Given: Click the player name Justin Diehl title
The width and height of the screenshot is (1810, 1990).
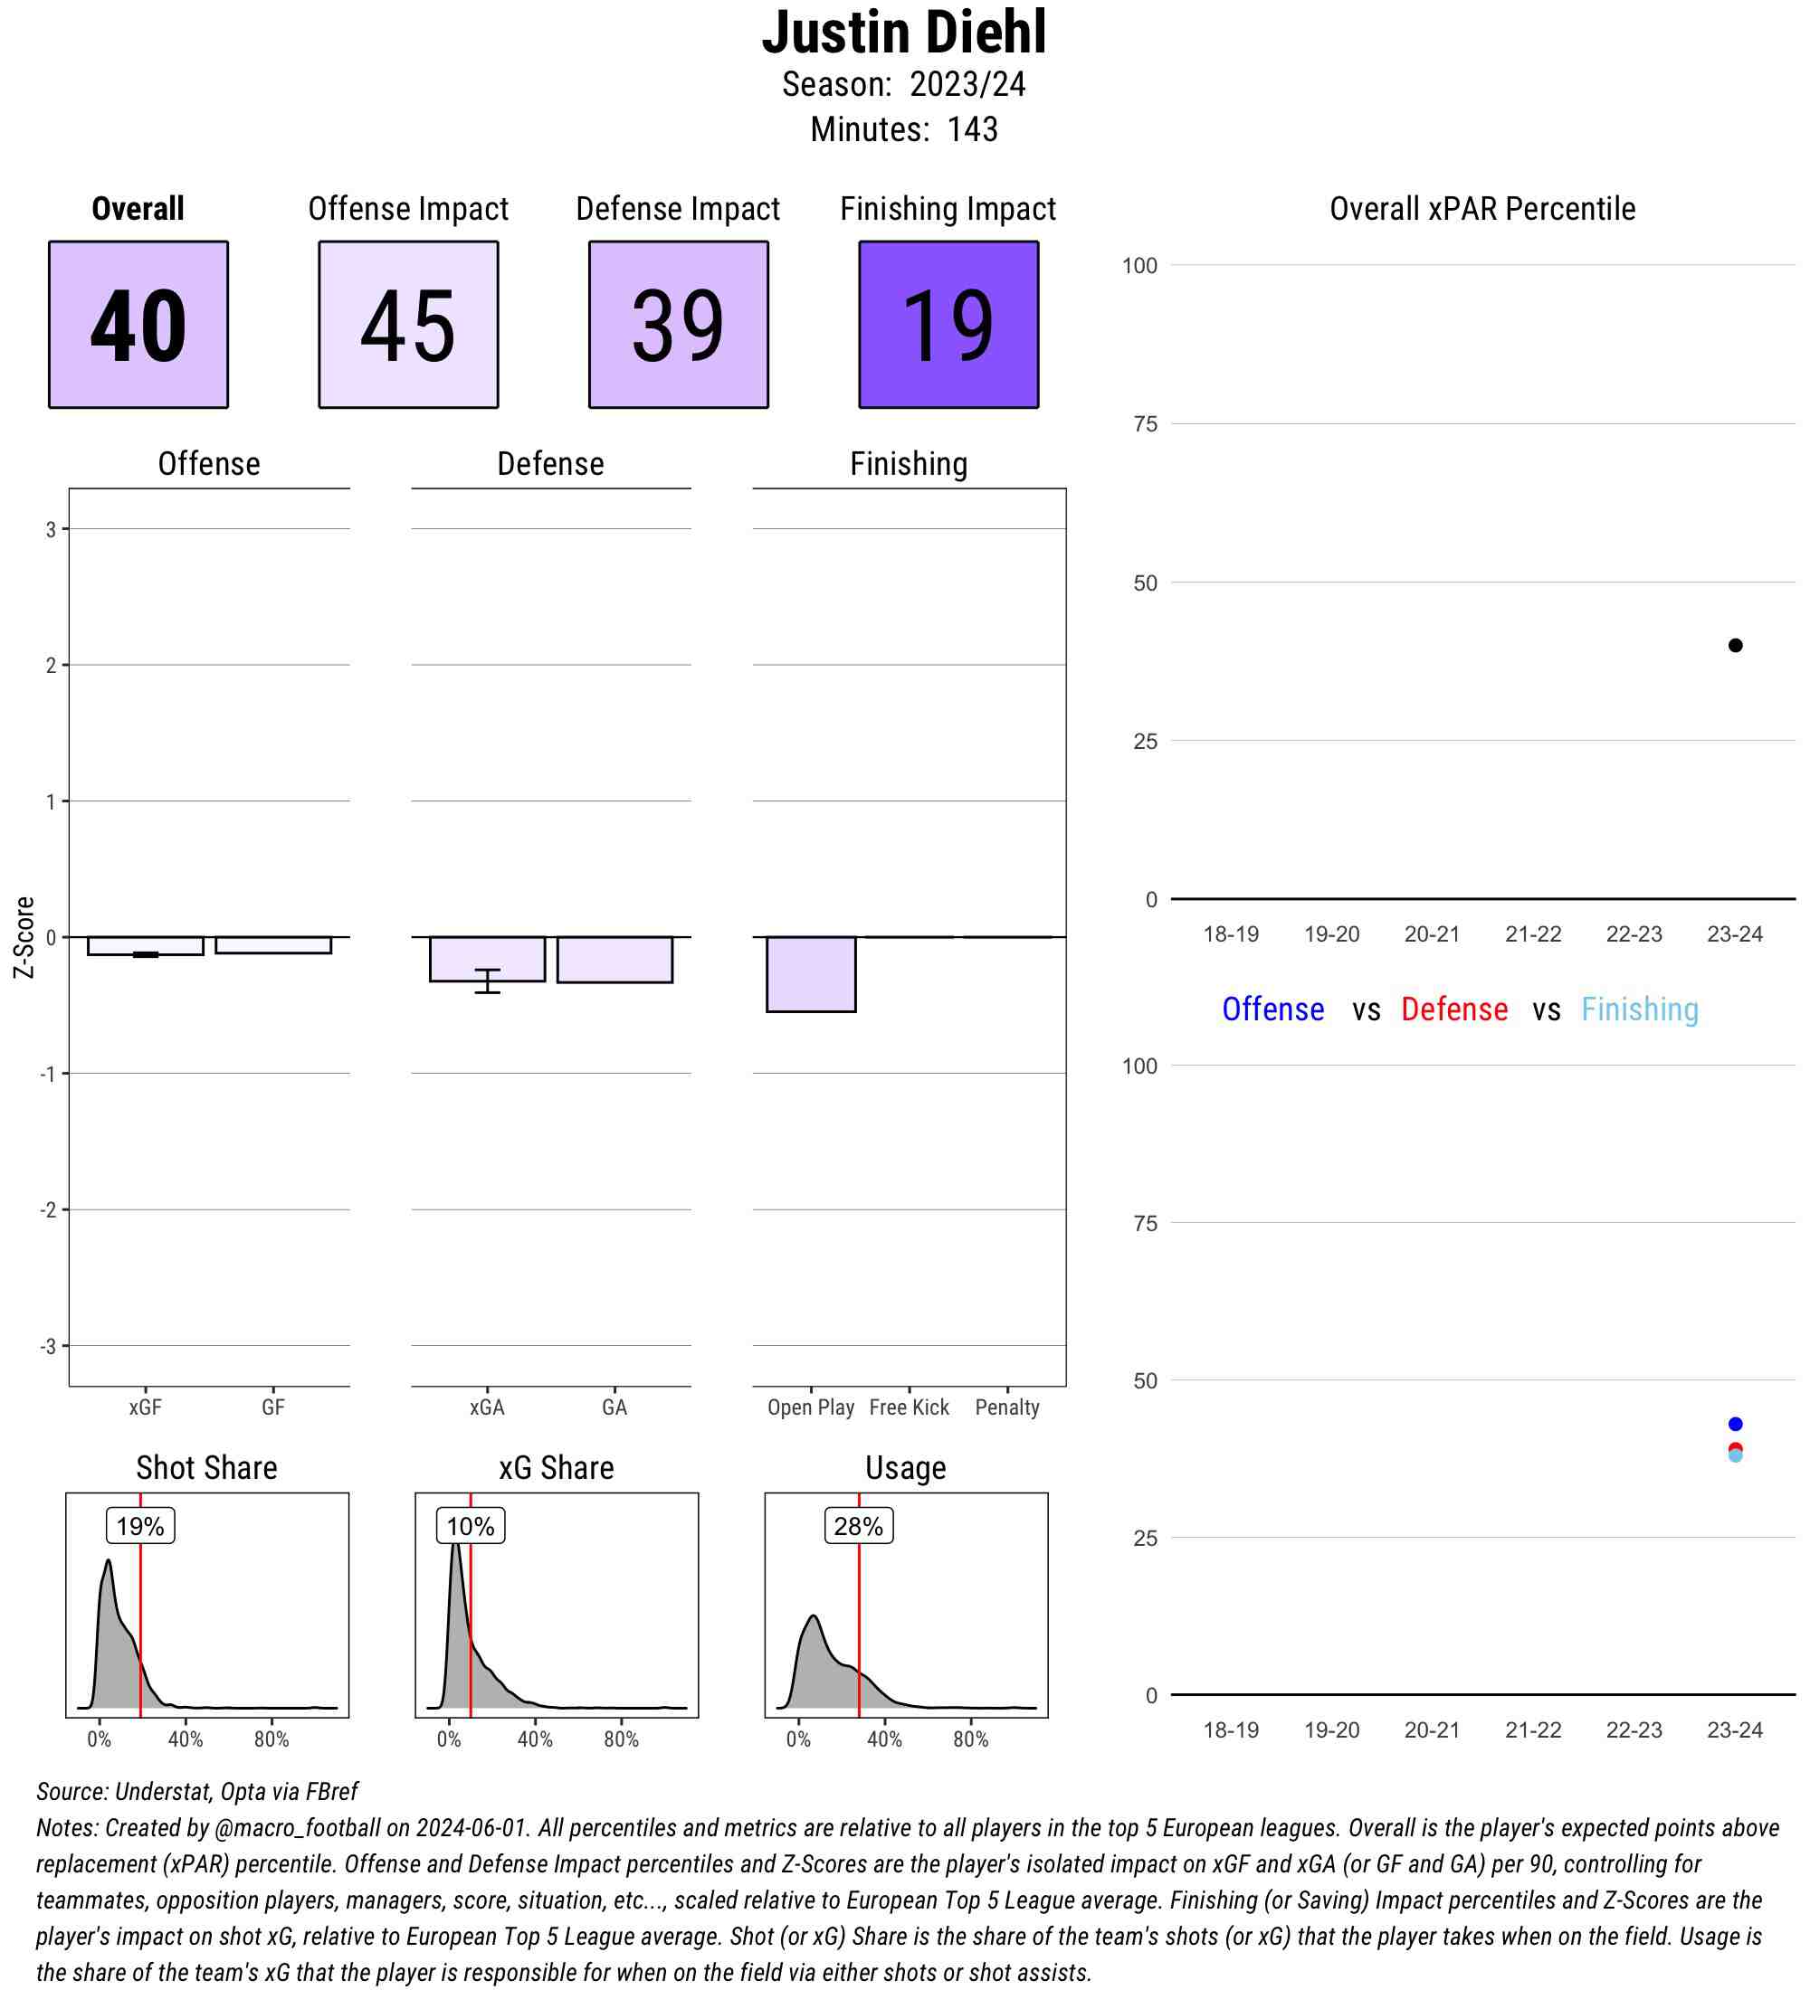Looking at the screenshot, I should pyautogui.click(x=903, y=33).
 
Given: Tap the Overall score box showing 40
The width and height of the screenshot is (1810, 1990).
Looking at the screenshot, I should pyautogui.click(x=138, y=324).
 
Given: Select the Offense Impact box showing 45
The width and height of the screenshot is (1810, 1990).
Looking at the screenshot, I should pyautogui.click(x=408, y=324).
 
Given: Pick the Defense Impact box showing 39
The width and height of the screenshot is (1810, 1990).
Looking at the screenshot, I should pyautogui.click(x=679, y=324).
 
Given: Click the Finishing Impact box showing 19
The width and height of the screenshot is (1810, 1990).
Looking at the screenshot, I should pyautogui.click(x=948, y=324).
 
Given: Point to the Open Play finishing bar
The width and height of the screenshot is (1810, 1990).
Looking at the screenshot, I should pyautogui.click(x=811, y=973).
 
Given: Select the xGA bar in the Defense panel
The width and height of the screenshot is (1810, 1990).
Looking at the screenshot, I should pyautogui.click(x=487, y=958).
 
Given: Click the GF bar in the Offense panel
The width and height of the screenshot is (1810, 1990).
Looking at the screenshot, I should pyautogui.click(x=272, y=944).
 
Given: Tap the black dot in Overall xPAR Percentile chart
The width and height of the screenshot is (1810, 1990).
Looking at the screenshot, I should pyautogui.click(x=1735, y=646).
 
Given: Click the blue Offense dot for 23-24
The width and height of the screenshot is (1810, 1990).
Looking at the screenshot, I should pyautogui.click(x=1735, y=1424).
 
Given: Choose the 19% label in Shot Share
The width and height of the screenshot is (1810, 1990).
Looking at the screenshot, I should pyautogui.click(x=140, y=1526).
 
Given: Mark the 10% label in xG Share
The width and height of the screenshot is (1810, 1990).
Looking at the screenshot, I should pyautogui.click(x=470, y=1526).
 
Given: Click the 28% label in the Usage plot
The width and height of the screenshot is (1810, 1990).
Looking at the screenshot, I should pyautogui.click(x=858, y=1526).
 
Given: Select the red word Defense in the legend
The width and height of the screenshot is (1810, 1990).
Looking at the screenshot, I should pyautogui.click(x=1453, y=1009).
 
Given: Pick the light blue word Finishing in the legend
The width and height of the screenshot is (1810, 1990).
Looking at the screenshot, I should pyautogui.click(x=1639, y=1009).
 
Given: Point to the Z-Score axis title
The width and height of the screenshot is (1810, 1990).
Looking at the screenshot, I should pyautogui.click(x=24, y=937).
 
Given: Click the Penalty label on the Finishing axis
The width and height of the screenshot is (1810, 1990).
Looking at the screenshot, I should pyautogui.click(x=1006, y=1407).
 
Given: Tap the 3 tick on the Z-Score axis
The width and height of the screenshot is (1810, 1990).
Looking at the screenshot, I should pyautogui.click(x=51, y=529).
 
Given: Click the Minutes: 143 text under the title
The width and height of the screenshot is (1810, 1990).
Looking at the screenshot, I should pyautogui.click(x=903, y=129).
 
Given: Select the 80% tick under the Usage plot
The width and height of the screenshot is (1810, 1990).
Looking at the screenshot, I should pyautogui.click(x=971, y=1739).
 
